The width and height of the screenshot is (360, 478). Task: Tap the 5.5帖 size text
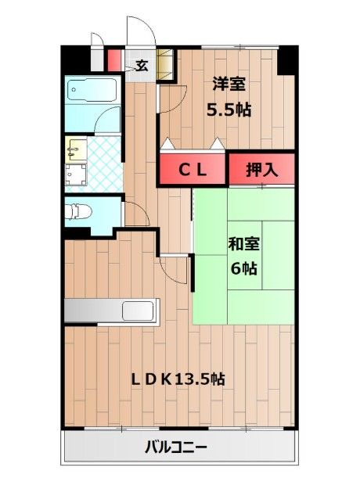tap(229, 110)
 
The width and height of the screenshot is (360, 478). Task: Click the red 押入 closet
tap(261, 169)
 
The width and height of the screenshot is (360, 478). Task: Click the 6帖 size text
tap(243, 268)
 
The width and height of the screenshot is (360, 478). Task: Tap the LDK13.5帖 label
tap(178, 379)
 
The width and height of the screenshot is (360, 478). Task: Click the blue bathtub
tap(91, 95)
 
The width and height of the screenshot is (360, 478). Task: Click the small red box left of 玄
tap(113, 61)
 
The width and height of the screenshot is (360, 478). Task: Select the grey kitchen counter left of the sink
tap(94, 310)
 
